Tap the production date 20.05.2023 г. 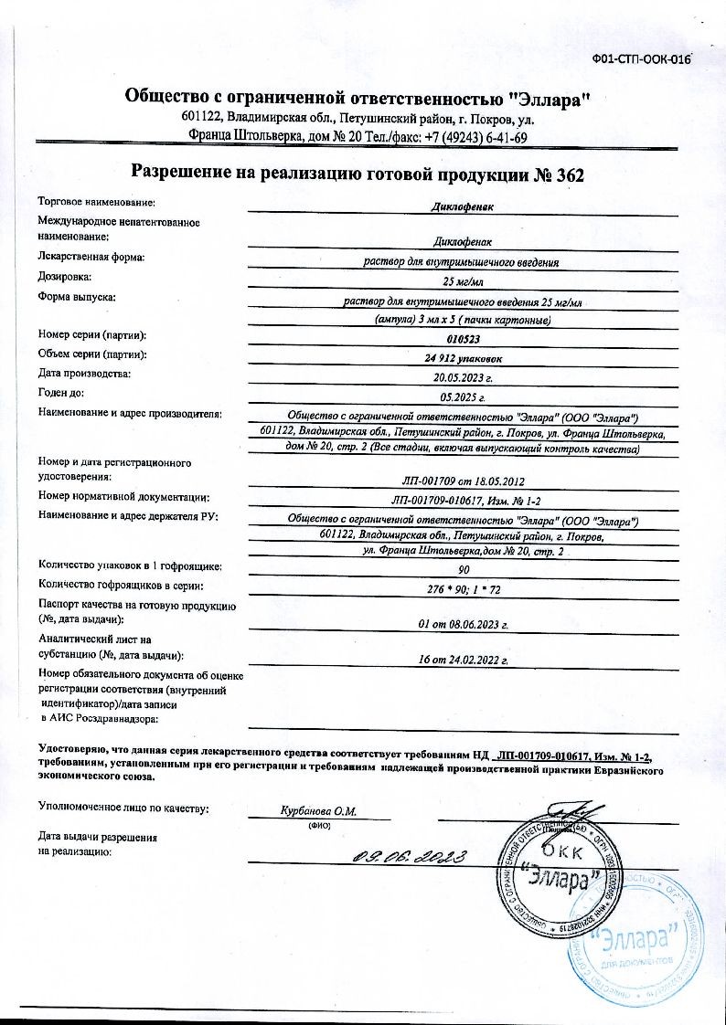point(463,375)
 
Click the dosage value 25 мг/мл point(463,280)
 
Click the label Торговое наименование point(96,200)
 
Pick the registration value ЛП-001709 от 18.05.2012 point(463,480)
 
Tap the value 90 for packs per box point(463,569)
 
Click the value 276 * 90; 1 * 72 point(463,589)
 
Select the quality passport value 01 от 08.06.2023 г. point(463,625)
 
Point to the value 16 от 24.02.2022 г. point(463,658)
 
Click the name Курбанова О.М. point(318,811)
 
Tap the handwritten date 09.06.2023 point(411,857)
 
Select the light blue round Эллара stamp point(636,934)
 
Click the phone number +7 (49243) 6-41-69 point(475,138)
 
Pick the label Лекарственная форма point(91,258)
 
